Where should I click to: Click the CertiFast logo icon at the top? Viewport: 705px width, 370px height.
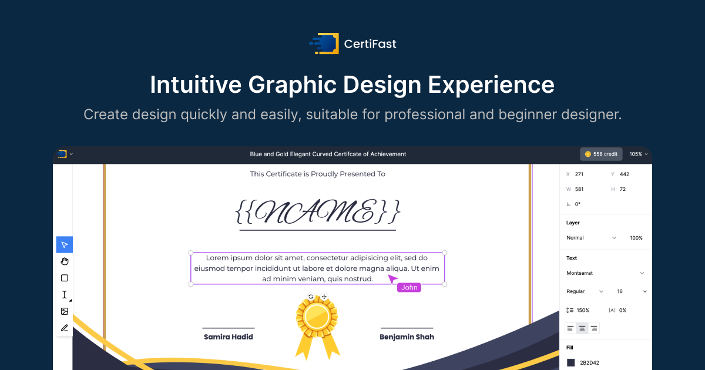324,43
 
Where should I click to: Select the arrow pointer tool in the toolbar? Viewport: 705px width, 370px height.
65,245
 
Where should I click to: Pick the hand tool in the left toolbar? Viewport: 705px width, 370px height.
65,261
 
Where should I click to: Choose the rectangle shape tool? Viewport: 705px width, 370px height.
65,278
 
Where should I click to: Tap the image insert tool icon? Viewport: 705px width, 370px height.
65,311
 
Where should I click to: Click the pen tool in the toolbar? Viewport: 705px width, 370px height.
65,328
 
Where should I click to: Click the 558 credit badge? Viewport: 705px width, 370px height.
601,154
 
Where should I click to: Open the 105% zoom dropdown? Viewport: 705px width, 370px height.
639,154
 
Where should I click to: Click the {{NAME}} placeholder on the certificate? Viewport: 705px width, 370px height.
318,211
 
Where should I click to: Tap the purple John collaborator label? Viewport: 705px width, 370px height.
409,287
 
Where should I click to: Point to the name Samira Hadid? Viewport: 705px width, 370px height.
229,337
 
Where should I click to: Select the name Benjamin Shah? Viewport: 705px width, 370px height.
407,337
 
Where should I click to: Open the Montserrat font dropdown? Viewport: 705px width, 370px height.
605,273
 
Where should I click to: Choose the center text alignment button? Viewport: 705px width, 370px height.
582,328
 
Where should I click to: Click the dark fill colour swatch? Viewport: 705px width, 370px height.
570,363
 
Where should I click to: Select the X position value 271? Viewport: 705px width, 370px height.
579,174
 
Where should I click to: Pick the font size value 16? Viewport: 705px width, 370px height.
620,291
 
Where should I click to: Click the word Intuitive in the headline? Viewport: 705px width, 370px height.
195,85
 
